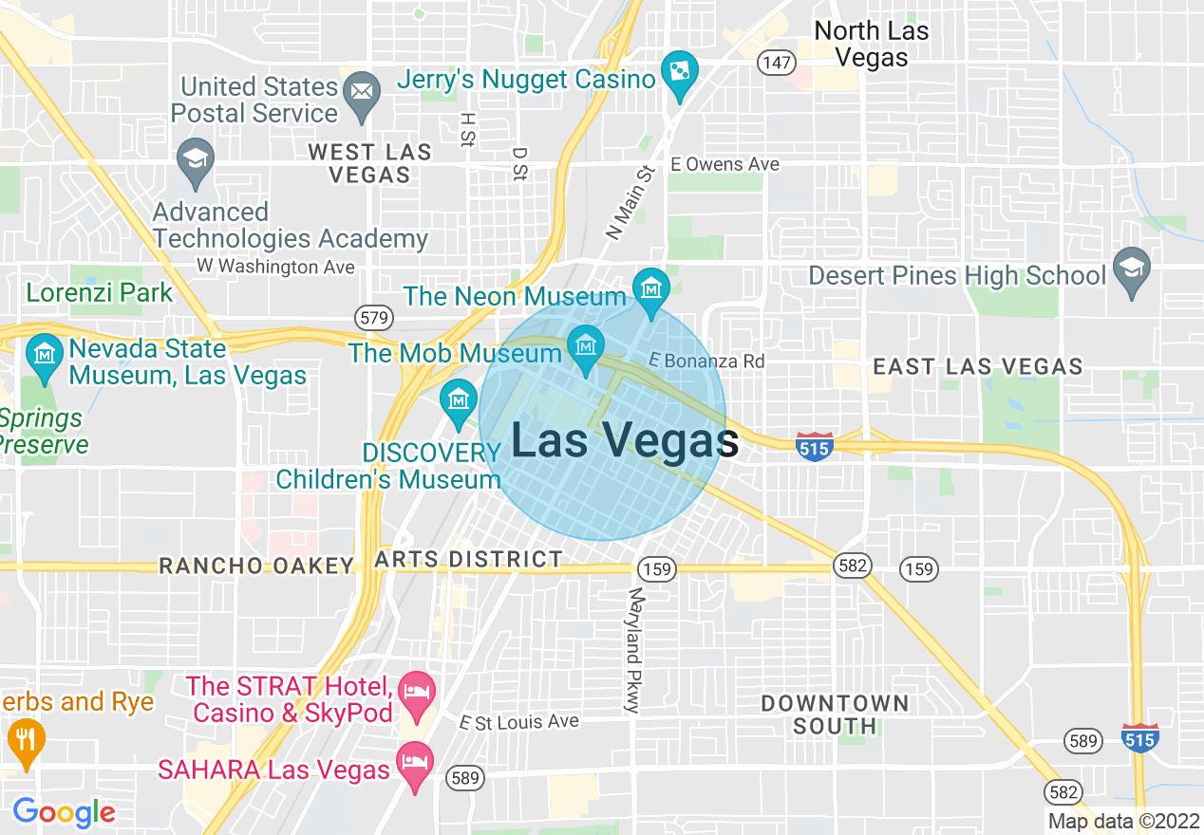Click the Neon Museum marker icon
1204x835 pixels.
(x=651, y=285)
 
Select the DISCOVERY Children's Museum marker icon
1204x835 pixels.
(x=459, y=399)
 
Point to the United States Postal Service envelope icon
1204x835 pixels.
(x=361, y=91)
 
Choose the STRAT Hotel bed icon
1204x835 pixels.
(x=415, y=690)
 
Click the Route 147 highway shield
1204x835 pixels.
(x=776, y=63)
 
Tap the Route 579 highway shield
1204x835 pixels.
(x=374, y=318)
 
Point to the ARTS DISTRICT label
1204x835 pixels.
(x=469, y=560)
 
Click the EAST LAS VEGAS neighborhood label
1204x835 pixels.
(x=977, y=366)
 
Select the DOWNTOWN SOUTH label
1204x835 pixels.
(x=836, y=714)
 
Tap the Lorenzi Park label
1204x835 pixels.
(x=100, y=292)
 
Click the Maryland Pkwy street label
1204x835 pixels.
(x=634, y=649)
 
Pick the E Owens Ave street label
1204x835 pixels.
(x=724, y=164)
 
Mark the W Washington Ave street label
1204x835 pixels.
(x=275, y=267)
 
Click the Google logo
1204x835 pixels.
(x=64, y=812)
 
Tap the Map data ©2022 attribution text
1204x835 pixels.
(x=1121, y=821)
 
